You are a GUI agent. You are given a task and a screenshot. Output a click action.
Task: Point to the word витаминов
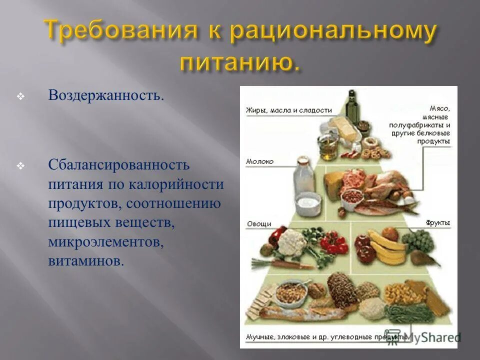coord(85,261)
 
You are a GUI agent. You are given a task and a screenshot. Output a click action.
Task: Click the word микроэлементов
coord(106,242)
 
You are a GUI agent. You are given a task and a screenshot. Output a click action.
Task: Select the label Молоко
coord(260,161)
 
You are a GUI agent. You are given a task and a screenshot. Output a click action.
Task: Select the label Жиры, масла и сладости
coord(281,110)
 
